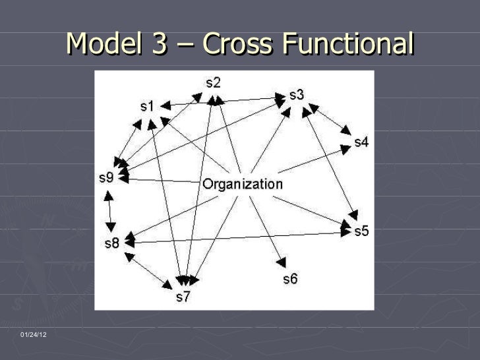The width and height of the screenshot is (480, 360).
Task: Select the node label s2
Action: coord(213,83)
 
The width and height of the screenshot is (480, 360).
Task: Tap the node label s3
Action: coord(297,95)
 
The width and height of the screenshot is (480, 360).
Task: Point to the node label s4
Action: coord(361,142)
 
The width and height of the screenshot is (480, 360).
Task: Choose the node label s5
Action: coord(361,231)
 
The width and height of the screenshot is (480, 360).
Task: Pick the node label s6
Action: coord(290,278)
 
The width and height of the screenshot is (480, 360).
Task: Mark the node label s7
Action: coord(183,297)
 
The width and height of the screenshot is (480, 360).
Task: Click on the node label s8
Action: coord(112,243)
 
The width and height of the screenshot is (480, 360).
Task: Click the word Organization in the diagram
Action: coord(242,184)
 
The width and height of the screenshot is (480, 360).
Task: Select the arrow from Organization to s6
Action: coord(267,228)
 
